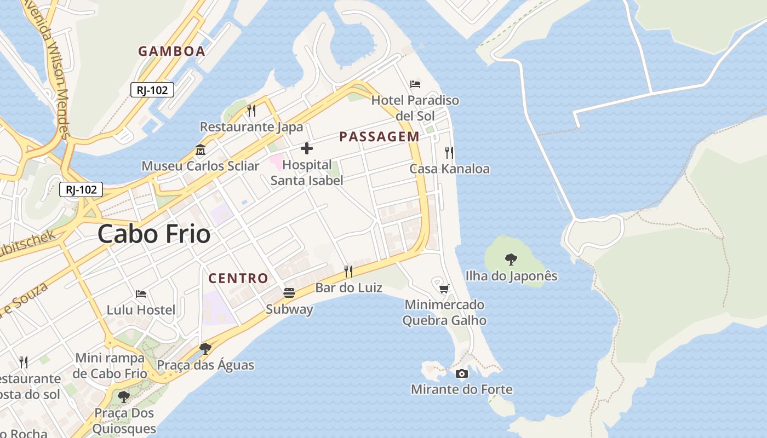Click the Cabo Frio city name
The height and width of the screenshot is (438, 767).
coord(154,234)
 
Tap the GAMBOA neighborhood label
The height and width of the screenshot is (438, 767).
coord(171,51)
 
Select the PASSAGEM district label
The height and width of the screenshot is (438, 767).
coord(379,137)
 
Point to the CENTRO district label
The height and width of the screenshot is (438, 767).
coord(238,278)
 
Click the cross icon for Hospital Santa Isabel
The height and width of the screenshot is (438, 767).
coord(307,148)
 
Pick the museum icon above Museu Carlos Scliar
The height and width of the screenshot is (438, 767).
coord(200,149)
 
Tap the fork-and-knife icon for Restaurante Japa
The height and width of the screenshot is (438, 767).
coord(251,110)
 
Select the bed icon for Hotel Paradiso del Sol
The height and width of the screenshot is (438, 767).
coord(415,84)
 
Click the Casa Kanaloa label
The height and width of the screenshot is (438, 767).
coord(449,169)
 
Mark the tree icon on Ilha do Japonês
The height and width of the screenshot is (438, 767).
coord(511,259)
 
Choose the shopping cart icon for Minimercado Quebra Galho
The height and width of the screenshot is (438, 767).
coord(444,288)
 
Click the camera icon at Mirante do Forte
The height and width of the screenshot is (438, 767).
coord(462,373)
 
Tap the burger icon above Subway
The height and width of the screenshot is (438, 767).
coord(289,293)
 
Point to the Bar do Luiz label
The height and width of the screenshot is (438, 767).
coord(348,287)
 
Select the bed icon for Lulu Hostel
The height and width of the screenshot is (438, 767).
coord(141,294)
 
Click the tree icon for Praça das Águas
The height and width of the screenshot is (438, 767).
coord(205,348)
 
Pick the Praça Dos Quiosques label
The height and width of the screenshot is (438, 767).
coord(124,420)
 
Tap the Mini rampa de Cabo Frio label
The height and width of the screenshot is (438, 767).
coord(111,366)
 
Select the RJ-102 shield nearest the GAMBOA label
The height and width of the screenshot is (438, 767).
coord(152,90)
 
